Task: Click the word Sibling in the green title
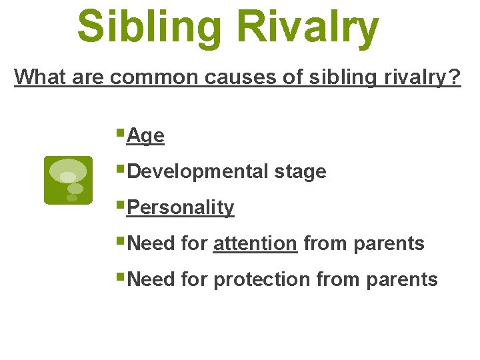151,27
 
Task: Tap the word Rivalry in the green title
308,27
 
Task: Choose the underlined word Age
145,136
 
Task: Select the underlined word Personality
180,207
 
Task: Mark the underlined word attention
255,243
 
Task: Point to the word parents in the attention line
389,243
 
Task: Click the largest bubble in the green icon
68,171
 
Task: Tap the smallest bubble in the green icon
71,197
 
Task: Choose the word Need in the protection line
151,279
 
